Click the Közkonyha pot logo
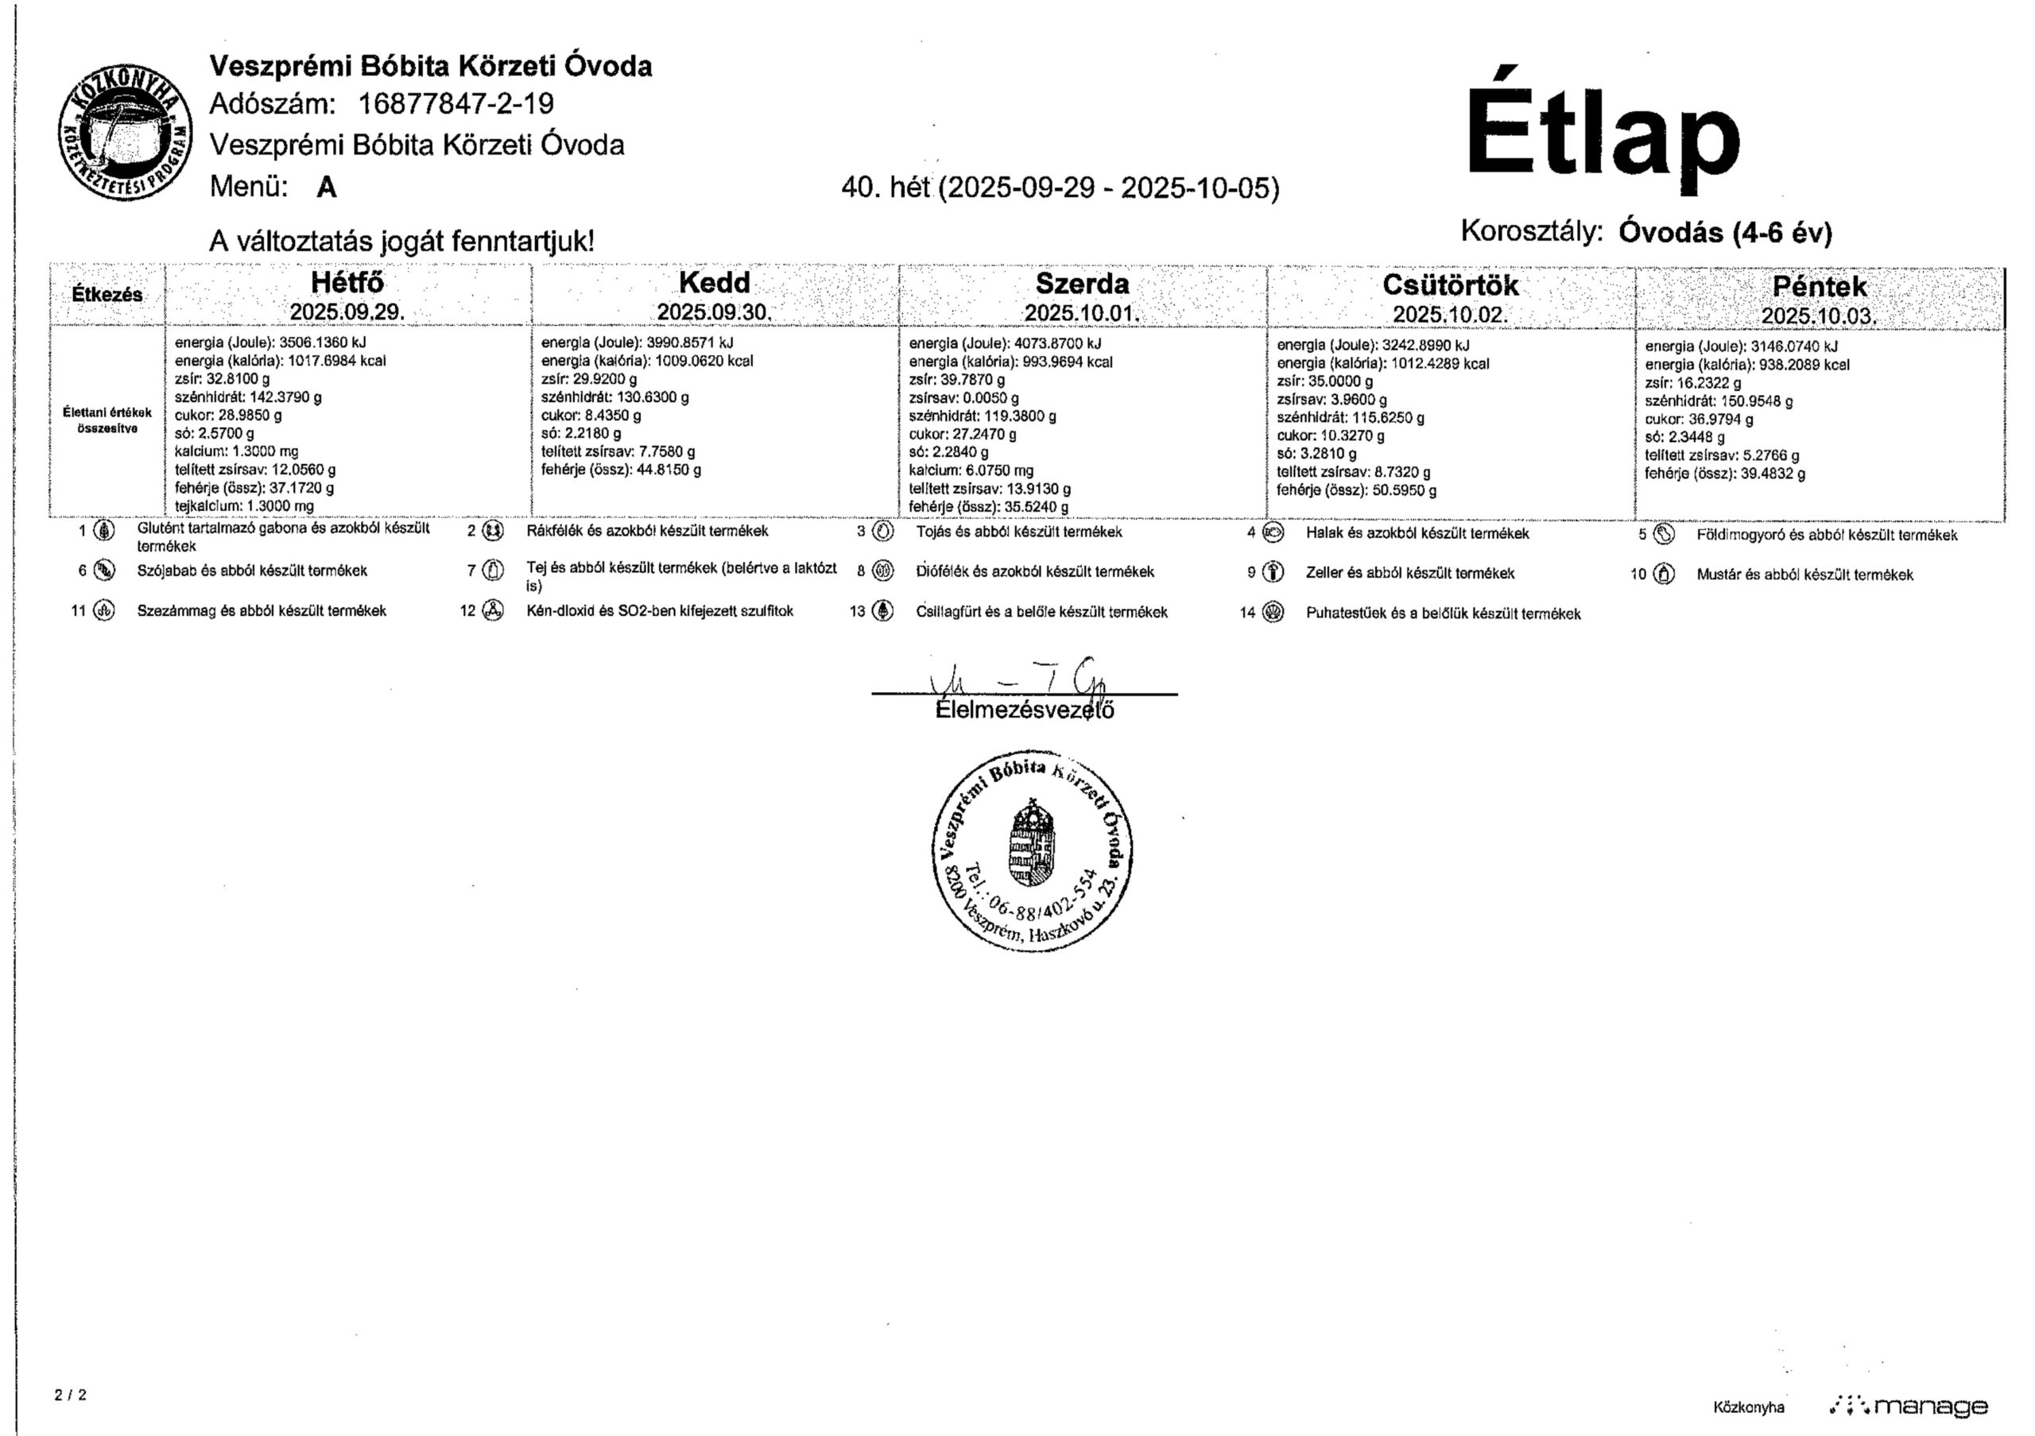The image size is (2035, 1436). pos(125,133)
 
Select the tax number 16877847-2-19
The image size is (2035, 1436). pos(455,105)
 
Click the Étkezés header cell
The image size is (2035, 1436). pos(107,294)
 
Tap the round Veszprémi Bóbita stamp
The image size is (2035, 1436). pos(1033,855)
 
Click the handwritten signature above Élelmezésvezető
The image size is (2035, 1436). pos(1019,683)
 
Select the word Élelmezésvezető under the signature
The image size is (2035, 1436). pos(1025,710)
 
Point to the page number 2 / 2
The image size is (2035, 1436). pos(71,1395)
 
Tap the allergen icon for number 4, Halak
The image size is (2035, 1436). pos(1273,533)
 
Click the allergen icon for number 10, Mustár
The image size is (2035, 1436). pos(1665,574)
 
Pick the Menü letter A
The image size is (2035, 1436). pos(326,187)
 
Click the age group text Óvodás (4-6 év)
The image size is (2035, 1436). pos(1725,232)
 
